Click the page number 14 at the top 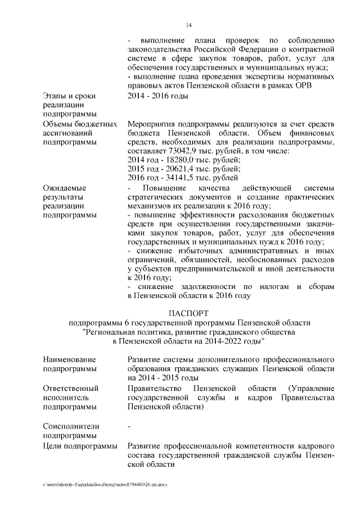[x=190, y=25]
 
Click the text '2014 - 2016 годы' [x=157, y=96]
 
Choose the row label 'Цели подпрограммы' [x=80, y=446]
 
